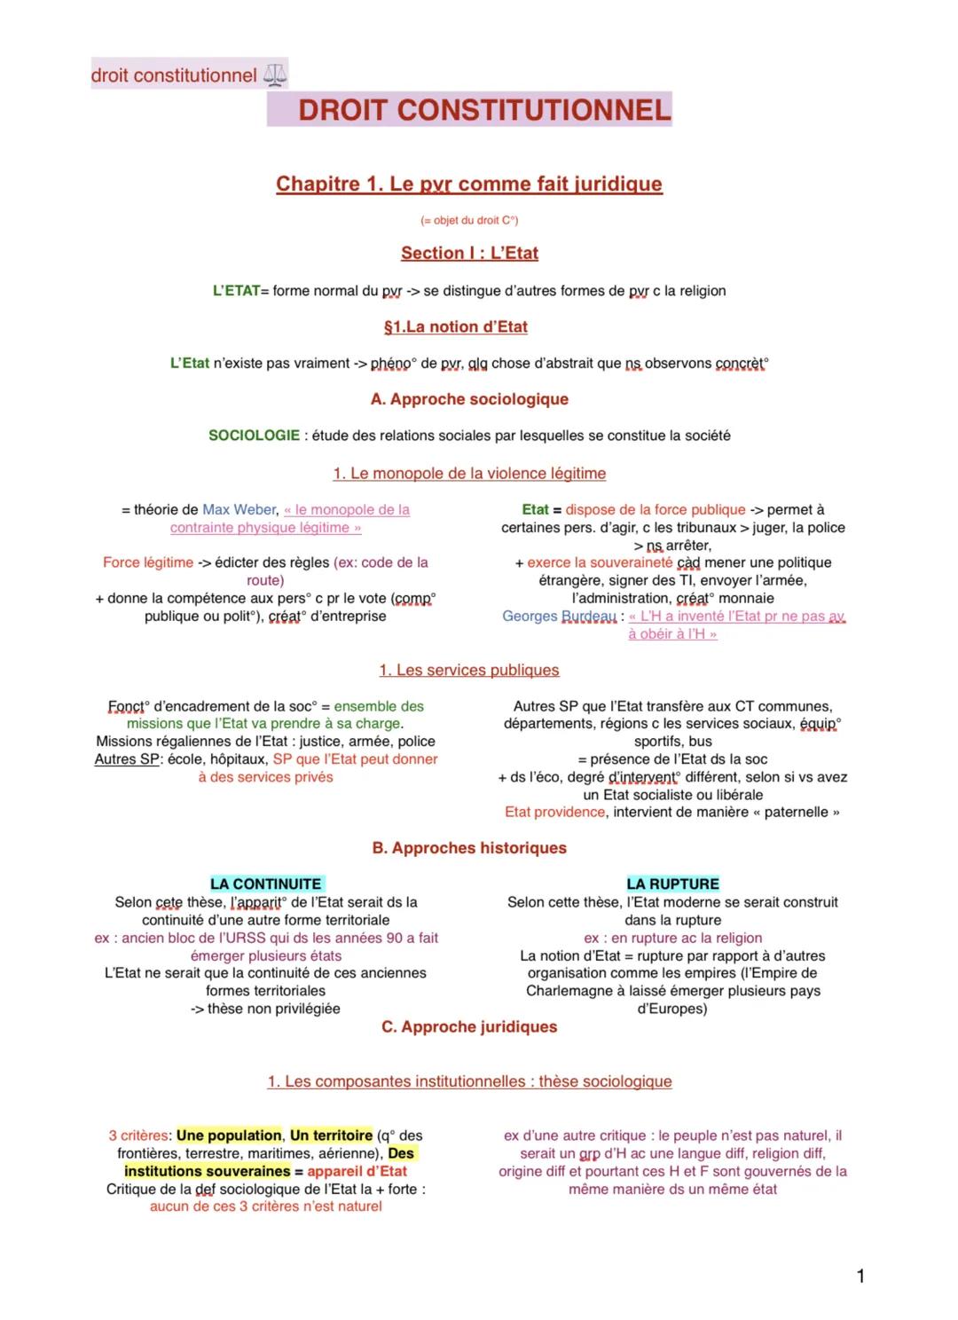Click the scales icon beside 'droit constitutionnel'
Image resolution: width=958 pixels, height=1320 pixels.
pos(275,75)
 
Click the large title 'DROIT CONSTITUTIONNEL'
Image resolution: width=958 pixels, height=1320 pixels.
pos(484,110)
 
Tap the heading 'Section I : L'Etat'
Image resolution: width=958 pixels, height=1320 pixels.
pos(469,253)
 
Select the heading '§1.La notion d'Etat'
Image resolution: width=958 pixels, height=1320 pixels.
pos(455,326)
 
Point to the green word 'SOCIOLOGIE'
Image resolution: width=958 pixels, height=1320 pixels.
pos(254,436)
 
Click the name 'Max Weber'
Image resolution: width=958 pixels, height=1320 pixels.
pos(239,510)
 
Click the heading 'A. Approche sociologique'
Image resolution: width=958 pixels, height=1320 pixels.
pos(469,399)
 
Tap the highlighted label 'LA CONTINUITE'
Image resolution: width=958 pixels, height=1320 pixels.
pos(266,884)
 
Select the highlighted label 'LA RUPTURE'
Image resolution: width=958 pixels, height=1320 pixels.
pos(672,884)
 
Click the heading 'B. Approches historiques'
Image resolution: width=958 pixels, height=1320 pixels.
pos(469,848)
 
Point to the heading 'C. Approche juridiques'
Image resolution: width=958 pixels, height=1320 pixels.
pos(469,1026)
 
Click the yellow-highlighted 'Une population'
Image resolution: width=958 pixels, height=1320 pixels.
pos(229,1135)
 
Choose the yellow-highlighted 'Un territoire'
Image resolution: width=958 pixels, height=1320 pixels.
pos(331,1135)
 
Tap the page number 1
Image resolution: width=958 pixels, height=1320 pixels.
pos(860,1277)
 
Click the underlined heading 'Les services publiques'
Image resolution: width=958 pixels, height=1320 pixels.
pos(477,671)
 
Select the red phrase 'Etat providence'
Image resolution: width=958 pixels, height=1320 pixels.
pos(554,813)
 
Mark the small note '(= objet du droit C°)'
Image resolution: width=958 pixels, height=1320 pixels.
pos(469,220)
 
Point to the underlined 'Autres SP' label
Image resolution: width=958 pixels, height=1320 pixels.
pos(127,759)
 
